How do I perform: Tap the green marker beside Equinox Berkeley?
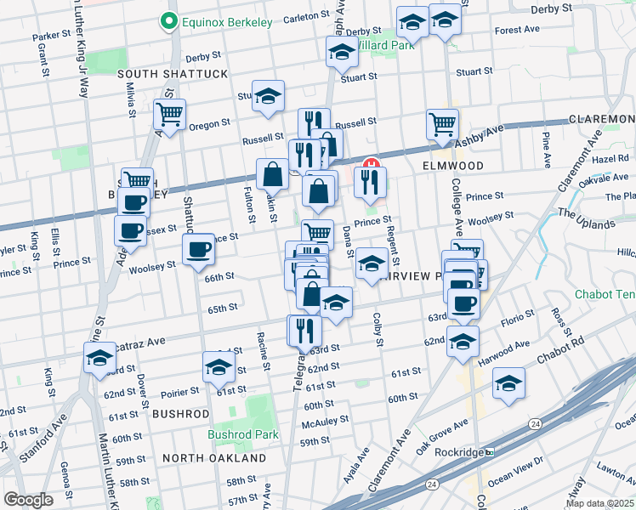click(x=169, y=22)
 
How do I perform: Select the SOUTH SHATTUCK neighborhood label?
click(x=173, y=74)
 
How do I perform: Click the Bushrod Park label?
click(x=243, y=433)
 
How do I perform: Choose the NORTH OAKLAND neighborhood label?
click(x=214, y=458)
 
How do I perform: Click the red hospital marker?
click(x=371, y=163)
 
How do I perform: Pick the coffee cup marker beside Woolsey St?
click(x=198, y=250)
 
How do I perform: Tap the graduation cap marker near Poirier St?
click(x=219, y=367)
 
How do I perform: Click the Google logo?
click(x=28, y=500)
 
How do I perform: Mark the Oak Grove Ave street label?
click(x=442, y=432)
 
